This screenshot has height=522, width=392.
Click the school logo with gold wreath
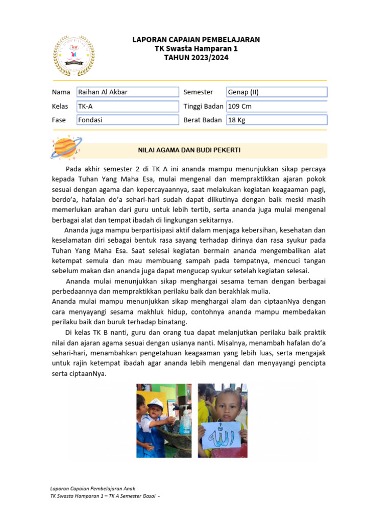(74, 56)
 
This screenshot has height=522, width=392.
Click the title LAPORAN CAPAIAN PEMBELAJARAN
(196, 39)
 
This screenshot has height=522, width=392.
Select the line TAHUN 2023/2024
(196, 58)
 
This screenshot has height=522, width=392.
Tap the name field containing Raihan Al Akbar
(128, 92)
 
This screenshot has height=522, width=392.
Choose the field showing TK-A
(128, 107)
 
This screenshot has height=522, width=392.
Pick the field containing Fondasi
(128, 120)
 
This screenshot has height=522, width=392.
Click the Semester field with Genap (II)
(277, 92)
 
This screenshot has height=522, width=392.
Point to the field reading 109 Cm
(277, 107)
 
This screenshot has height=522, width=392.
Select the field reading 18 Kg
(277, 120)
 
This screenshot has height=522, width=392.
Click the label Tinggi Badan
(203, 107)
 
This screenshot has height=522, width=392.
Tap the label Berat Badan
(203, 120)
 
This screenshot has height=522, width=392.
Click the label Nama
(60, 92)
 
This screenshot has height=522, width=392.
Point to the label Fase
(59, 120)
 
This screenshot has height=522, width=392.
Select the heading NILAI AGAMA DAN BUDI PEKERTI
(189, 150)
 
